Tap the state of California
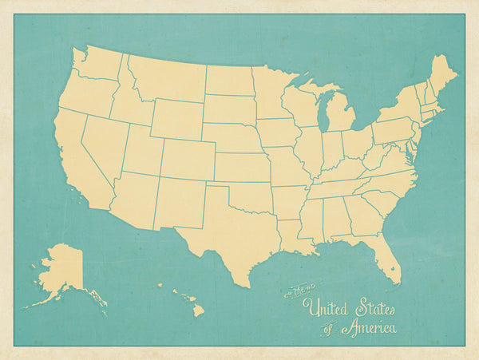tap(76, 164)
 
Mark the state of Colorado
tap(188, 160)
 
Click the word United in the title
tap(331, 307)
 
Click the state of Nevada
tap(103, 148)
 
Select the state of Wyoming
tap(176, 117)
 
